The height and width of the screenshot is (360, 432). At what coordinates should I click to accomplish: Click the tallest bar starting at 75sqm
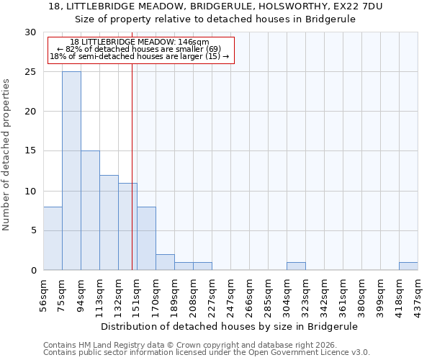point(71,171)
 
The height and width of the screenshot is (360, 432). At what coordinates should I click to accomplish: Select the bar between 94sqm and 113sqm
point(90,210)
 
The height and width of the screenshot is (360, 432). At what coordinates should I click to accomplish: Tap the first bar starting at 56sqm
point(53,238)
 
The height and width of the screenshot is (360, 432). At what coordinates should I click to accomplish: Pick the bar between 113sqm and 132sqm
point(109,222)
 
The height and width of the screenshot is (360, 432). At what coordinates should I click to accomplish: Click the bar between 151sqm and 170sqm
point(146,238)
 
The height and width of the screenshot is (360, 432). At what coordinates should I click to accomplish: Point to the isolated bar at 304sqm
point(296,266)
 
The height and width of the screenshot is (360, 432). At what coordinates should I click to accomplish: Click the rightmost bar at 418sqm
point(408,266)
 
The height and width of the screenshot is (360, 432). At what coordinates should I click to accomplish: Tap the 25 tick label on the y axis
point(30,72)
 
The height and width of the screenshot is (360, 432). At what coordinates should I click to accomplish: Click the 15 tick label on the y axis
point(30,151)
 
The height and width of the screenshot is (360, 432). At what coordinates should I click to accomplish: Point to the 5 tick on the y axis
point(33,230)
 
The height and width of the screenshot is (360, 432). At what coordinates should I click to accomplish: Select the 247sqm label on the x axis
point(230,295)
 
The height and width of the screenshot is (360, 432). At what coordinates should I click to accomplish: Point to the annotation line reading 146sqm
point(140,42)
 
